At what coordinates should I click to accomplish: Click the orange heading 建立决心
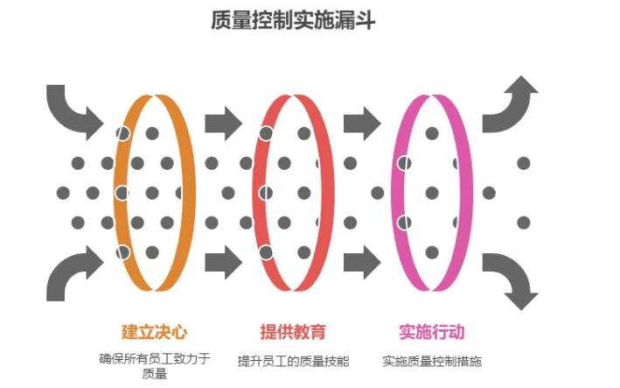pos(154,332)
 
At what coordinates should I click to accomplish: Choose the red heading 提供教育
pos(293,332)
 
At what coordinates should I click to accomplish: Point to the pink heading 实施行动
pos(431,332)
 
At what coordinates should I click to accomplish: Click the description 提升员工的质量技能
pos(293,361)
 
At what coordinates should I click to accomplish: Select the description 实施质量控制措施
pos(432,361)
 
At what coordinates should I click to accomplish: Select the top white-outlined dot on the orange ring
pos(123,133)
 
